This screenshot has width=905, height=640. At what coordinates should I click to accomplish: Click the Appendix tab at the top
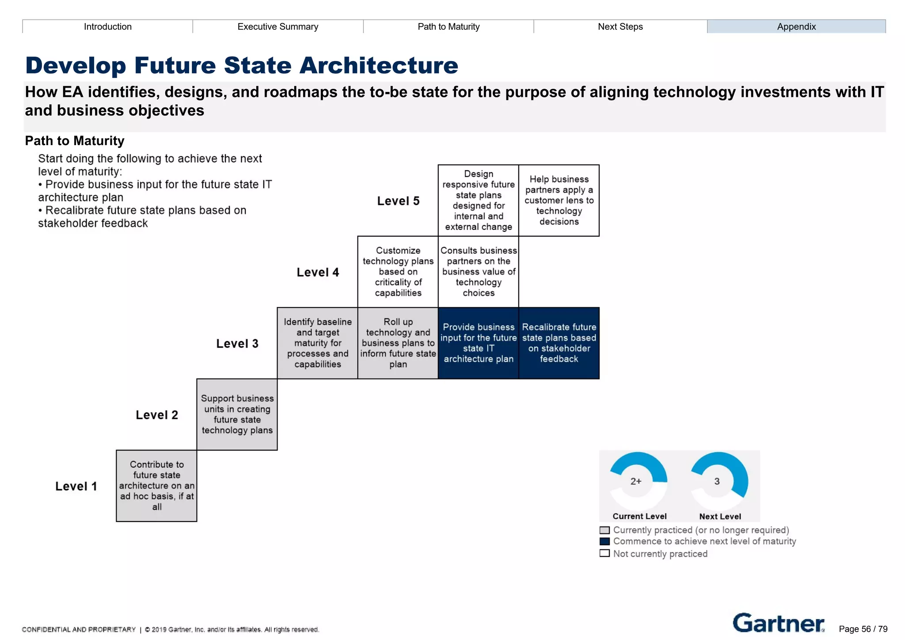click(x=796, y=27)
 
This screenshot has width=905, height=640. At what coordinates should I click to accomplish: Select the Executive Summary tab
click(x=278, y=27)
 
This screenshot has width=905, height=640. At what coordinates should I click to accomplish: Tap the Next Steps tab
click(x=620, y=27)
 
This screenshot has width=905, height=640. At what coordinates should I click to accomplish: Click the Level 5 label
click(x=398, y=201)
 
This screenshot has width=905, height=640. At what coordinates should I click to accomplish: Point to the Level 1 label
click(x=76, y=486)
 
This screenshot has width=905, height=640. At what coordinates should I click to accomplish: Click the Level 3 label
click(x=237, y=344)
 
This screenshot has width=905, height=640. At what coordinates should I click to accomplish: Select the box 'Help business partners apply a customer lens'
click(x=559, y=200)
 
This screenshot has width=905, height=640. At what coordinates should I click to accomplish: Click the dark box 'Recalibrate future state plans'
click(x=559, y=343)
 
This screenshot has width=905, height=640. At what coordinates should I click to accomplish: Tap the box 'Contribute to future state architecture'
click(x=156, y=486)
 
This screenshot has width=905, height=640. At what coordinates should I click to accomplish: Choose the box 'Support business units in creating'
click(x=237, y=414)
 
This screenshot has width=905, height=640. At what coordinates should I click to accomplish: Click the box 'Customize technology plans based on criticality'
click(x=398, y=272)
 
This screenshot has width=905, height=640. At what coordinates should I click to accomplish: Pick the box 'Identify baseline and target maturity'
click(x=317, y=343)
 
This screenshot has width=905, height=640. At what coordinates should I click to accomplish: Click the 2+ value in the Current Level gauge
click(x=635, y=481)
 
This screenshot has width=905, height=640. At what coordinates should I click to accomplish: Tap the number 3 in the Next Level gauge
click(x=717, y=481)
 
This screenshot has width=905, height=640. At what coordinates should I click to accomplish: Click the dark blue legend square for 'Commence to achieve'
click(x=605, y=541)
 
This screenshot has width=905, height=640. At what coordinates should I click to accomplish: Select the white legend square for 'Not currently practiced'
click(x=605, y=553)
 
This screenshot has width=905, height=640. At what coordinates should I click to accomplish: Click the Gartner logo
click(x=778, y=623)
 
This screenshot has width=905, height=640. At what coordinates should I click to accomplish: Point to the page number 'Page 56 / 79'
click(x=863, y=629)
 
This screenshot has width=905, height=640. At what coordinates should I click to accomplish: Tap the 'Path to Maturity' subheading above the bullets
click(x=75, y=141)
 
